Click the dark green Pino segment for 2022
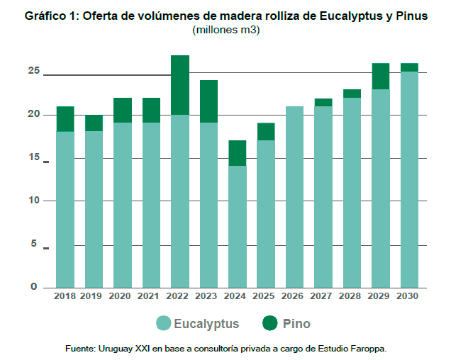click(179, 84)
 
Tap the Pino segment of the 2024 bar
click(237, 153)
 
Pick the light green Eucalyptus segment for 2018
click(65, 209)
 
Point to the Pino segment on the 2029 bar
click(381, 76)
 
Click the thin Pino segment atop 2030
click(409, 67)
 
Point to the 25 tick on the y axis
click(33, 71)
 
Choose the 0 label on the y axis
click(33, 287)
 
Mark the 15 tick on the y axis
click(33, 157)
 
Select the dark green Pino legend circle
click(269, 324)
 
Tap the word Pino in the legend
click(296, 324)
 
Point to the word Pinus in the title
click(412, 16)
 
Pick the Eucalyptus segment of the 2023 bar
click(208, 205)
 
